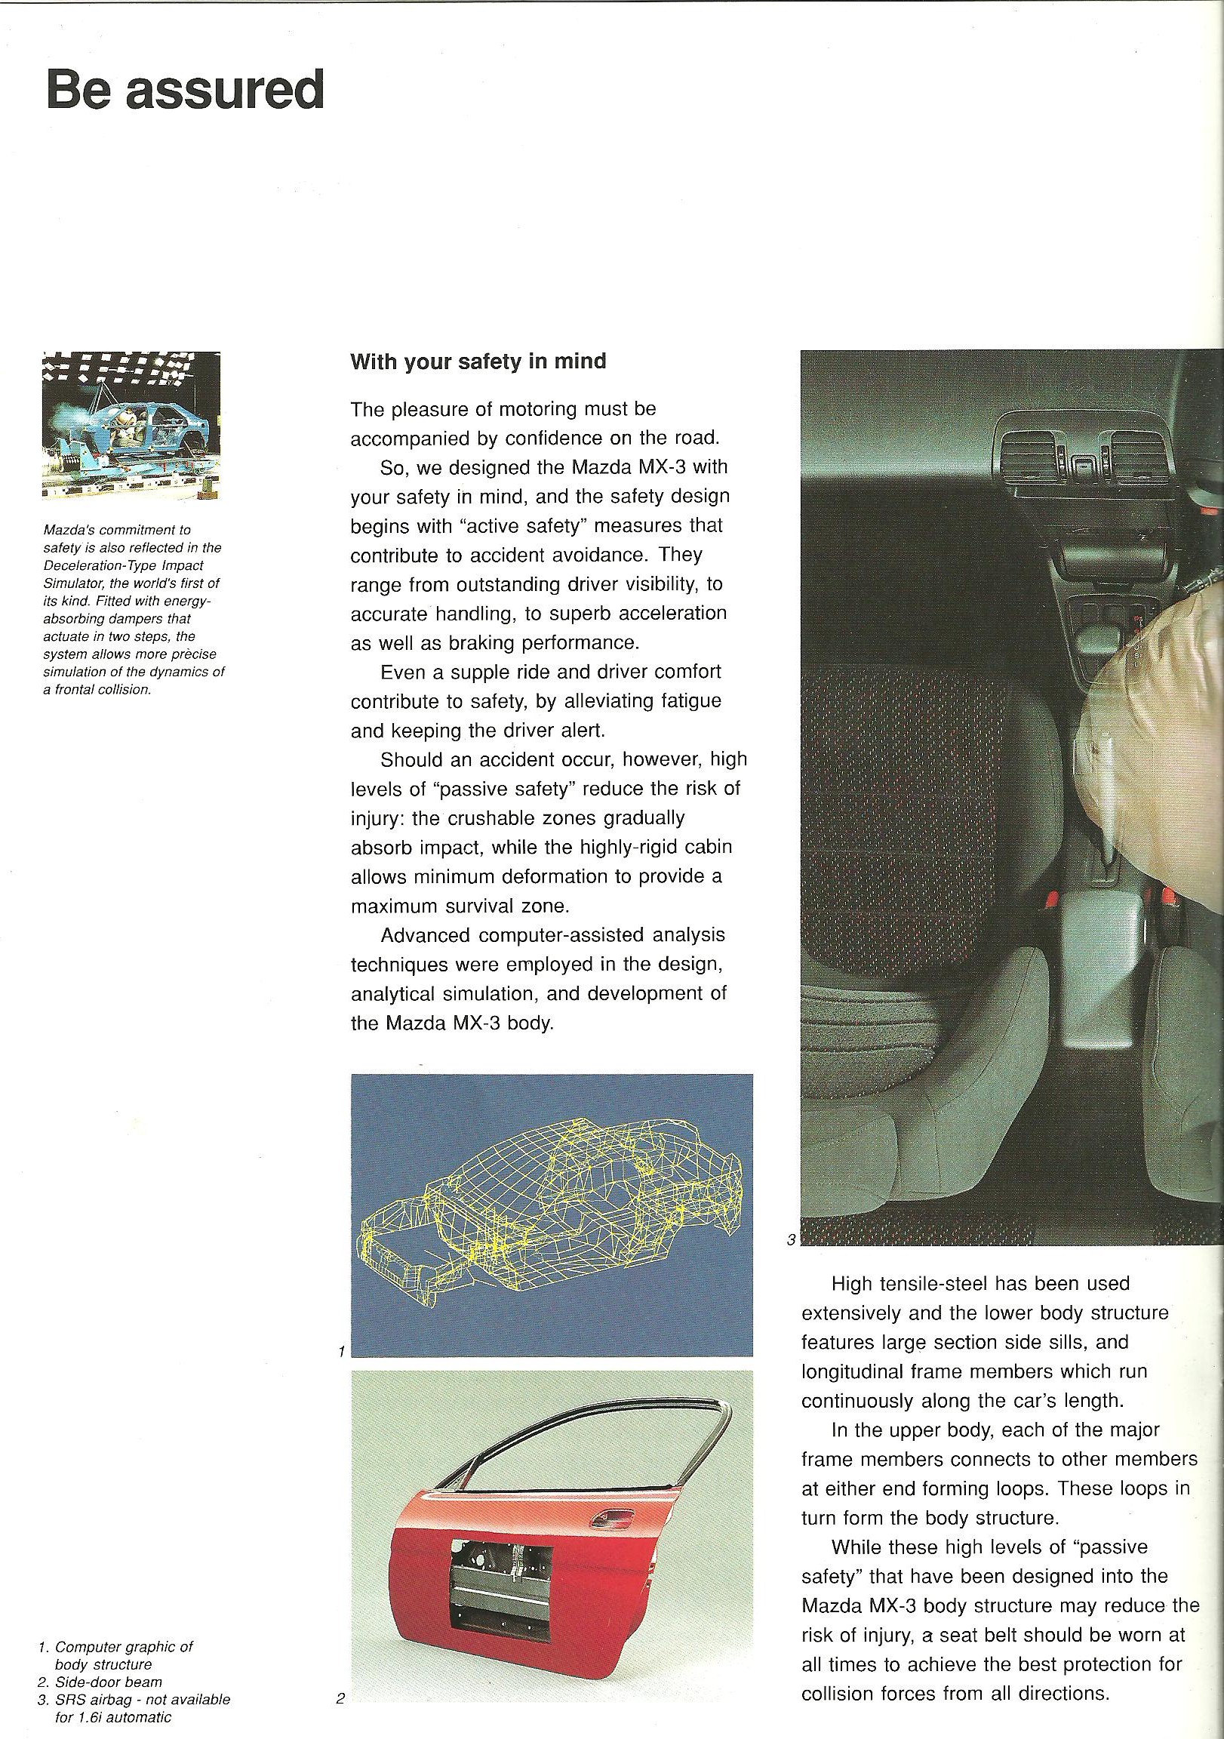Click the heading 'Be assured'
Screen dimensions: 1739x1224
pos(186,90)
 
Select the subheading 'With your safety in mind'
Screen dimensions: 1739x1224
pos(478,362)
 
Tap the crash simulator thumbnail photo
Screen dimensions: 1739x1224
pos(131,425)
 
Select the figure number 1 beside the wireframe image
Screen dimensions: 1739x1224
pos(342,1350)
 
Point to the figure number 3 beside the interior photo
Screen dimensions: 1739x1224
pos(792,1240)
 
